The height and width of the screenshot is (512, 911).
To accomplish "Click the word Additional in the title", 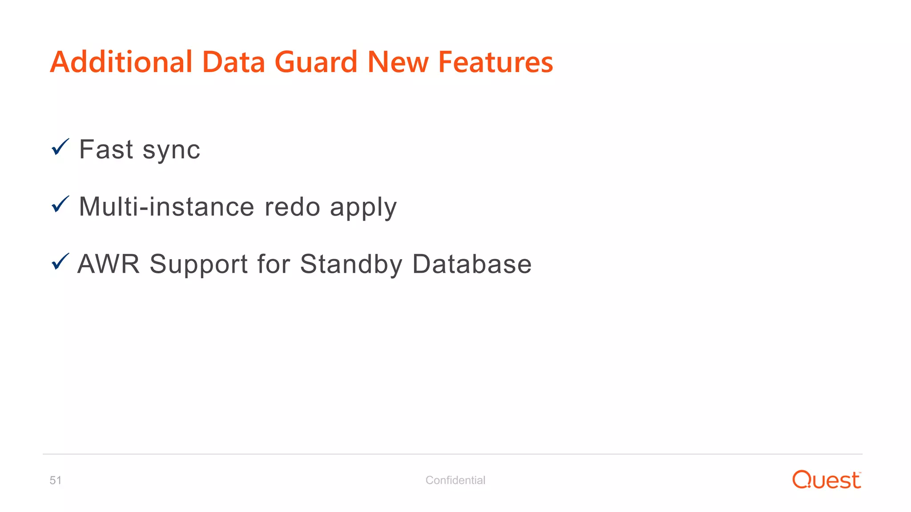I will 121,62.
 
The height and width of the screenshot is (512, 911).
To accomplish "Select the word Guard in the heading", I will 316,62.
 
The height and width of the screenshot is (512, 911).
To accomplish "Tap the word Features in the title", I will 496,62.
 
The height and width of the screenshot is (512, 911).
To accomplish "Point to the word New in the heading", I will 398,62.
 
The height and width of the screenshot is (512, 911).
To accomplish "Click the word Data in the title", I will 234,62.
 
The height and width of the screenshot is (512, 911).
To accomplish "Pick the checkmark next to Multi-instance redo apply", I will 60,204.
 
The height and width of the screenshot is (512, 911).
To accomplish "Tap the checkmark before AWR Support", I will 60,261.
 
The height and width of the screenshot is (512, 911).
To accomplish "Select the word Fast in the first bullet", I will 106,149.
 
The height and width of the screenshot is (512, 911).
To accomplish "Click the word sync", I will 171,150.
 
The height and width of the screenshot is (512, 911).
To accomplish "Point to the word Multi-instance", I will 166,207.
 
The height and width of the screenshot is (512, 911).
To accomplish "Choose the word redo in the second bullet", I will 292,207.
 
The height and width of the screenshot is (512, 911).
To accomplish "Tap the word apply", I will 363,208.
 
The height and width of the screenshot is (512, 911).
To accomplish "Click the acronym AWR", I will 109,264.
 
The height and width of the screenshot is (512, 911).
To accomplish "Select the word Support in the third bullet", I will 198,265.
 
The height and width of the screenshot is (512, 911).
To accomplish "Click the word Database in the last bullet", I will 472,264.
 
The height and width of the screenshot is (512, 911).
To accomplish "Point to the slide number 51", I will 56,480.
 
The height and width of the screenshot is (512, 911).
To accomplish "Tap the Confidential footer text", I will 455,480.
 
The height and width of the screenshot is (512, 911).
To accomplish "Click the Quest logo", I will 826,480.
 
